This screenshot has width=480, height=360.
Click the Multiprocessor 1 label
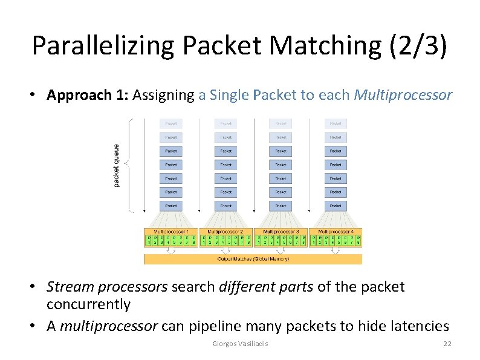coord(171,232)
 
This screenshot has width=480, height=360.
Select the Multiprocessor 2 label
coord(225,232)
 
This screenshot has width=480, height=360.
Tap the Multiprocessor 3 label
coord(281,232)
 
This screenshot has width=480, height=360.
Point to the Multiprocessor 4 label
coord(335,232)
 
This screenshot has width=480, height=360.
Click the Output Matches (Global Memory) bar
coord(253,259)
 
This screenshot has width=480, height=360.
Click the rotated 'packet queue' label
coord(116,165)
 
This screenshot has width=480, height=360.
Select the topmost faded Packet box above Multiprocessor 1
coord(171,123)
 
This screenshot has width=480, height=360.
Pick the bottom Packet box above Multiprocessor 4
coord(335,206)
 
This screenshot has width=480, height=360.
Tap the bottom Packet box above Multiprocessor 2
coord(225,206)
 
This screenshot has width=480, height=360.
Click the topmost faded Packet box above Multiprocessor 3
coord(281,123)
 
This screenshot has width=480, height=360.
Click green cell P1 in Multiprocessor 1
coord(149,241)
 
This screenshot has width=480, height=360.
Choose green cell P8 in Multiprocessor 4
coord(358,241)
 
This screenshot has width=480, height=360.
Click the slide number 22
coord(447,344)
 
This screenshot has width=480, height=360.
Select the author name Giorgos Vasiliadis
coord(241,344)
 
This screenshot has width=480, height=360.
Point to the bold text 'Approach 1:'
coord(88,95)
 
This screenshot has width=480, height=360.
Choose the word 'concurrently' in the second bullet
coord(88,304)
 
